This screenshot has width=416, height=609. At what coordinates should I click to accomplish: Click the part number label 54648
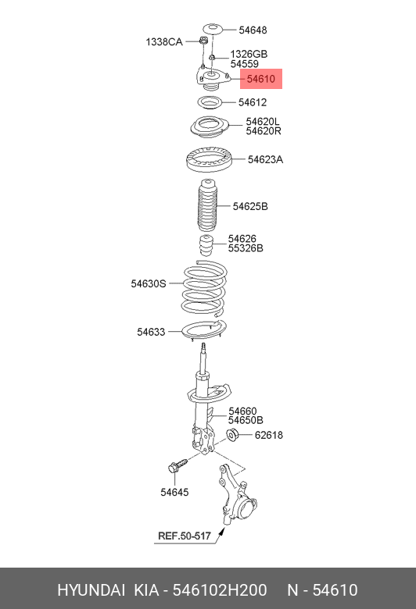click(253, 30)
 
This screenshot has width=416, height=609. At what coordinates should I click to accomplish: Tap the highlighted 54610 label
click(260, 80)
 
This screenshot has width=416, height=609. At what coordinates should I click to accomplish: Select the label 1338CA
click(164, 41)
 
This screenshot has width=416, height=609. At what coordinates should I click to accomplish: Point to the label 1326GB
click(249, 54)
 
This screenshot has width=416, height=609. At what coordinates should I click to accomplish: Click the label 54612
click(253, 102)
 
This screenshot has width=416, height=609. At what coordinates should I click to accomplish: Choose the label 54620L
click(263, 121)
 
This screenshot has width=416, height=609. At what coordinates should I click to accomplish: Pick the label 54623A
click(265, 159)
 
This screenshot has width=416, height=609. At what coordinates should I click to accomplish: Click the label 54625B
click(250, 206)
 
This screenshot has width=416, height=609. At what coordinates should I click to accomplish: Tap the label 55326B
click(246, 248)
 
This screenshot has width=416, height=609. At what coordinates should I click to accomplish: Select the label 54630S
click(149, 283)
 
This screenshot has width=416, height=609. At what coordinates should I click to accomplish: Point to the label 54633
click(151, 332)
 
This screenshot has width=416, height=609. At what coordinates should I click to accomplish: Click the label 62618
click(268, 435)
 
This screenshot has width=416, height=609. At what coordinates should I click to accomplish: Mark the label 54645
click(174, 492)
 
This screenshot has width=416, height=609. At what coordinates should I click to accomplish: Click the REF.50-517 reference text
click(184, 536)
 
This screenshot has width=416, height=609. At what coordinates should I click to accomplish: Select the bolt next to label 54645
click(178, 466)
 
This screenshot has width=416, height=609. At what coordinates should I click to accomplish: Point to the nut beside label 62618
click(232, 435)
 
